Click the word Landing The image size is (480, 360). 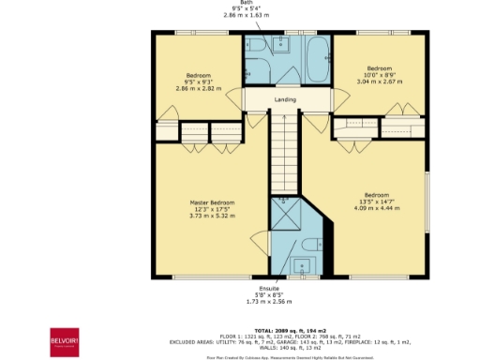(x=286, y=99)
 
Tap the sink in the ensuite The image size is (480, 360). (x=283, y=265)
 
